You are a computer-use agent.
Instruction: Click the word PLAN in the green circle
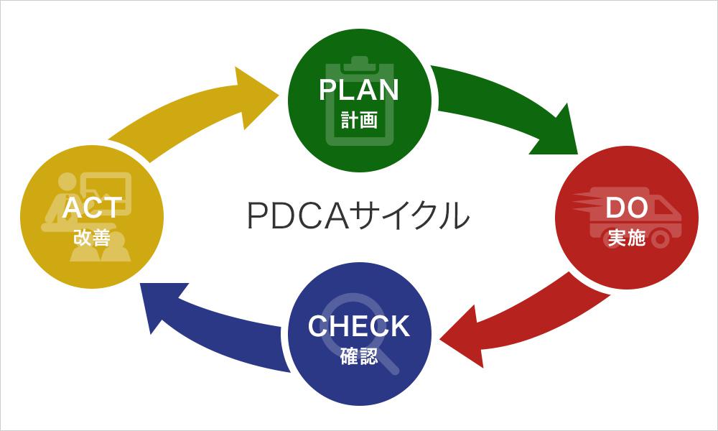pos(359,90)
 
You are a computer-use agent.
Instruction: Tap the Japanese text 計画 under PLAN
pos(359,119)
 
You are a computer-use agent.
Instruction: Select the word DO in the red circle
pos(626,208)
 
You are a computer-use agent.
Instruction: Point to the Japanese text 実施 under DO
pos(626,238)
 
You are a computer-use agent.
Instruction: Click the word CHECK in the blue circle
pos(359,326)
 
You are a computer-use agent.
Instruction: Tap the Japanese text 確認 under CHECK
pos(359,356)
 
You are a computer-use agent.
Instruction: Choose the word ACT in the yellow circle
pos(92,208)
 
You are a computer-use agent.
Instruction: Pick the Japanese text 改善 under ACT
pos(92,238)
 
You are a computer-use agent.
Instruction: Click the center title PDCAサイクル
pos(358,215)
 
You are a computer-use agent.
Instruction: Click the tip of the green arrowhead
pos(578,154)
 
